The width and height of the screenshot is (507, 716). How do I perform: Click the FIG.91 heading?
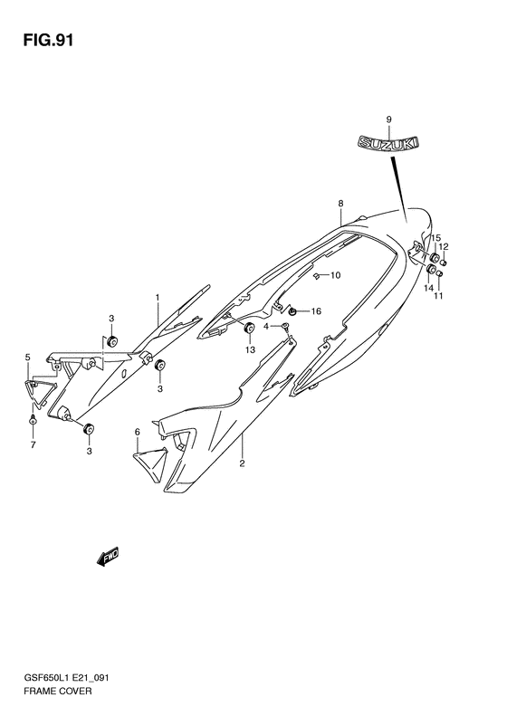(47, 41)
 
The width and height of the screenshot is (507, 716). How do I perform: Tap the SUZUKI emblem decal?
(387, 142)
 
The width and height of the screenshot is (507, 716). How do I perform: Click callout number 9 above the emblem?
(388, 119)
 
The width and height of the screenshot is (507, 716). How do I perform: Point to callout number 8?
(340, 203)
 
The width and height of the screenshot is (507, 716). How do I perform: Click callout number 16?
(316, 311)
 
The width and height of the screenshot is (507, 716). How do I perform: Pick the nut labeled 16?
(292, 311)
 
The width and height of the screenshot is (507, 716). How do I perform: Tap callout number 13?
(250, 349)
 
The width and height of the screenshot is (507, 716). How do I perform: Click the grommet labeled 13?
(249, 328)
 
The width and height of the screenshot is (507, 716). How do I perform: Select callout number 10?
(335, 275)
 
